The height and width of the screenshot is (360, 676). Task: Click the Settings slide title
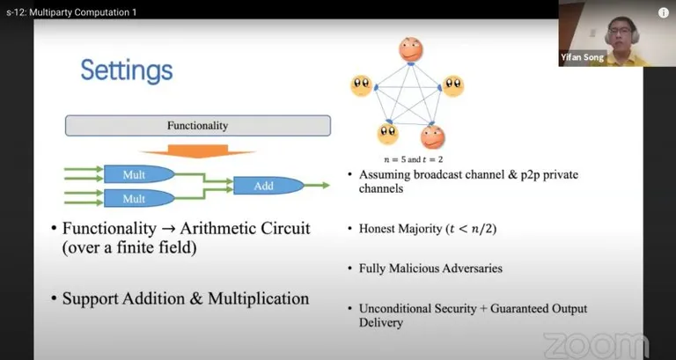pos(127,70)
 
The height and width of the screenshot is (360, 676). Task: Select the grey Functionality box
pos(198,126)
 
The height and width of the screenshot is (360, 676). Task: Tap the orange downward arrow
pos(198,151)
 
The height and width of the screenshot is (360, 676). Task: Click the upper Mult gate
pos(139,174)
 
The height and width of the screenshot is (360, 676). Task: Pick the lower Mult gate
pos(139,198)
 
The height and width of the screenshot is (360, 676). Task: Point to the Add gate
pos(268,186)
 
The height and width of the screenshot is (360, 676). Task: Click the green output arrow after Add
pos(317,186)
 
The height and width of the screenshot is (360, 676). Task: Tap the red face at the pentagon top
pos(410,49)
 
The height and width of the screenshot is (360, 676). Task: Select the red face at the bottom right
pos(432,137)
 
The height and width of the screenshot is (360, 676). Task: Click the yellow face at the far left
pos(361,85)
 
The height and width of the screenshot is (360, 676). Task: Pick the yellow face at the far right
pos(453,85)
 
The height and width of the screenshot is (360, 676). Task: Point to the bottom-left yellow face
pos(388,134)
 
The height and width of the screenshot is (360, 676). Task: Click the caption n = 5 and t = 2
pos(413,159)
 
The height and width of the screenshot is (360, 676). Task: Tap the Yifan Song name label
pos(582,57)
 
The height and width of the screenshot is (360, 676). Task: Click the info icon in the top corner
pos(664,13)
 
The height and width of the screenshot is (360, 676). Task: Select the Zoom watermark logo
pos(596,345)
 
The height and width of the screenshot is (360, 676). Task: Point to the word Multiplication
pos(259,298)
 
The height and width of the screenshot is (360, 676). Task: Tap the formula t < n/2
pos(471,229)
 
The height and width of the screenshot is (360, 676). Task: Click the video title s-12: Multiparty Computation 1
pos(71,12)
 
